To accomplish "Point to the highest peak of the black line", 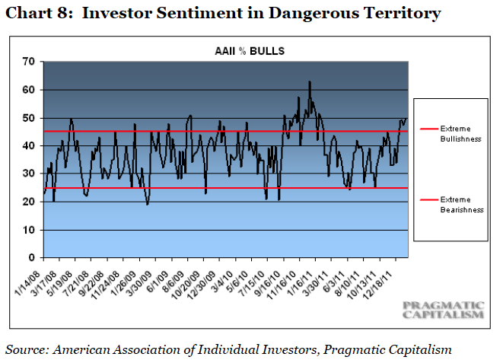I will pos(309,81).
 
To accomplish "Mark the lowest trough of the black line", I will pos(147,204).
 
